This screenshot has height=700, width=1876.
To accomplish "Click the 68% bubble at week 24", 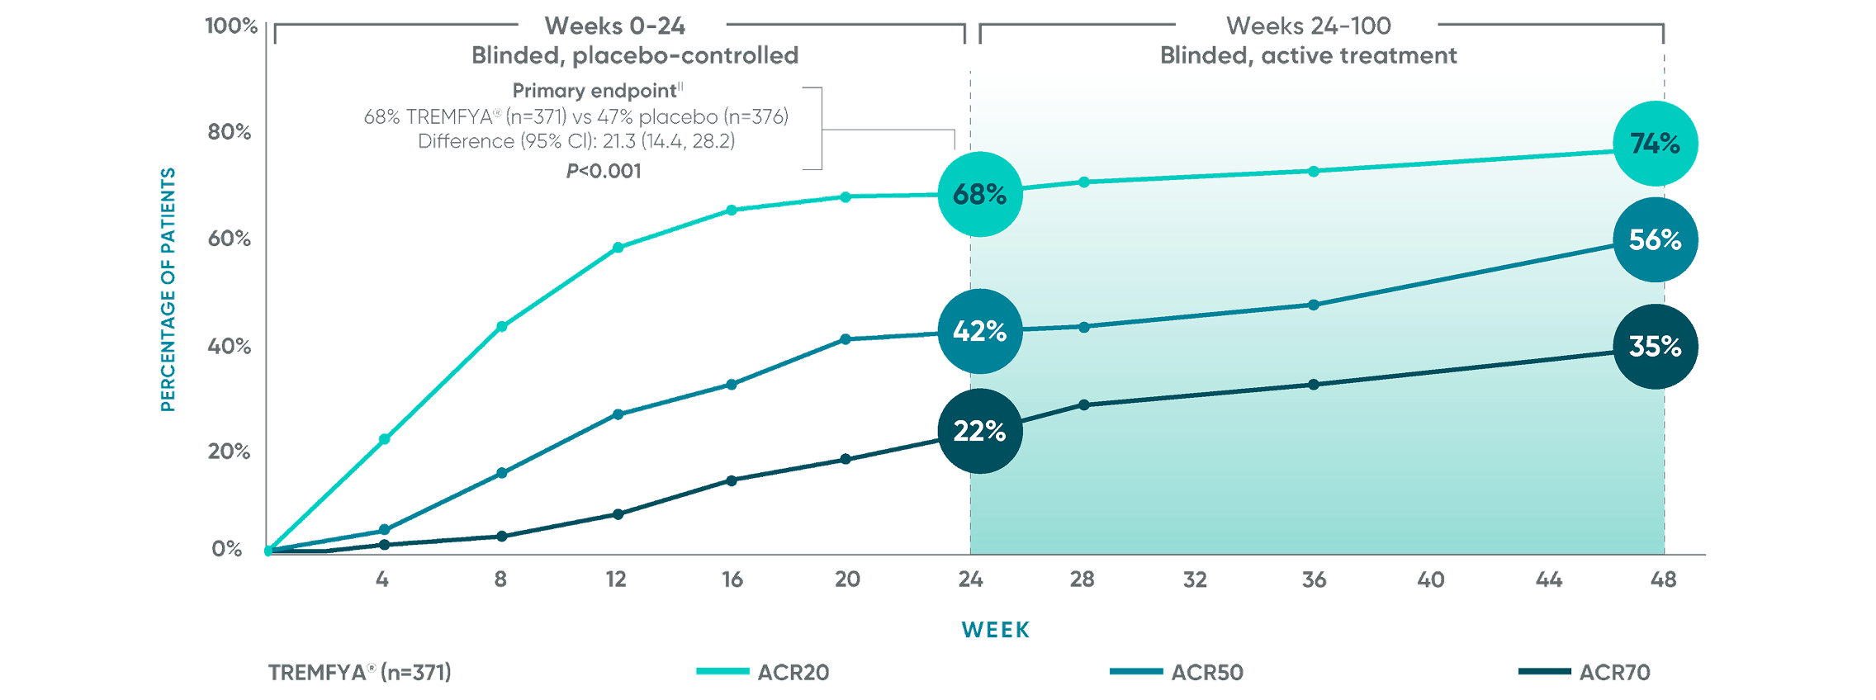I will (x=979, y=194).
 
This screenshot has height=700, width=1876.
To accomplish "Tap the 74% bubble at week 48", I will (x=1655, y=144).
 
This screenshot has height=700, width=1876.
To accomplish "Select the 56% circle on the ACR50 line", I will (x=1655, y=240).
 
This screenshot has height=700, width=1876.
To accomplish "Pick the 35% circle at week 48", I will (x=1655, y=347).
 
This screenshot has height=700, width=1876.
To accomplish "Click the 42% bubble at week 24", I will (x=979, y=331).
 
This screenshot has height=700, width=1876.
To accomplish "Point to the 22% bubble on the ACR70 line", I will (x=979, y=431).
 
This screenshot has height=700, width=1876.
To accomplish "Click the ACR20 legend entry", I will (x=763, y=673).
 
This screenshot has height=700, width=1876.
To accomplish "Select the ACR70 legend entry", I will (x=1585, y=673).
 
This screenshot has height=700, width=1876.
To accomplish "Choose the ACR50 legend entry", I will (x=1177, y=673).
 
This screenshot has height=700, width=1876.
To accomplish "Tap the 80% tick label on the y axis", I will (x=229, y=132).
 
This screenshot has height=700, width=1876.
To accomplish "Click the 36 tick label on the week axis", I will (x=1314, y=579).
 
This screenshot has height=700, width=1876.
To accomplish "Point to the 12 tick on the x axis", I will (x=616, y=579).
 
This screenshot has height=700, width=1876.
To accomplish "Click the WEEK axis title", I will (x=996, y=631).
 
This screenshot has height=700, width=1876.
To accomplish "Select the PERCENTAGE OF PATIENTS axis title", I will (x=168, y=289).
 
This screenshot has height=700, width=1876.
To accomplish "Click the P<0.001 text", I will (x=604, y=171).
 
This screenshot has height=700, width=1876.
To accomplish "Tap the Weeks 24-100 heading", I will (x=1308, y=26).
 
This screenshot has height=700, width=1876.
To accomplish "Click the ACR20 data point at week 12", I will (x=618, y=248).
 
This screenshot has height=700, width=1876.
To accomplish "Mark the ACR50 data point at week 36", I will (x=1314, y=305).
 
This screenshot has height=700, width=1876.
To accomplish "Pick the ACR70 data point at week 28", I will (x=1084, y=405).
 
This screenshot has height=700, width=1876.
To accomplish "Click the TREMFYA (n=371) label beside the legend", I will (x=360, y=673).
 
